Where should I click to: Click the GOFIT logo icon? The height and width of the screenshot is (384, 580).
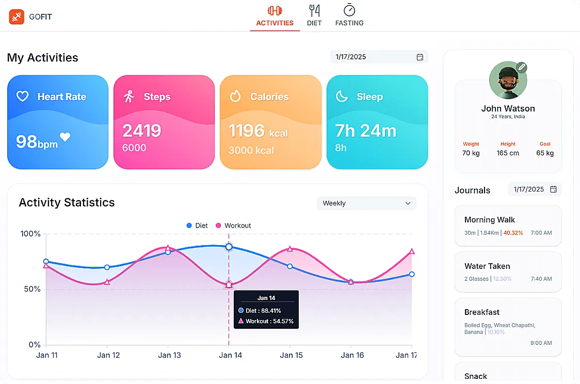pyautogui.click(x=17, y=17)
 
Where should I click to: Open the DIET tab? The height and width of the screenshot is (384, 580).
pyautogui.click(x=314, y=15)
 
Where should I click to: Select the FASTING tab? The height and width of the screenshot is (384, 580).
pyautogui.click(x=349, y=15)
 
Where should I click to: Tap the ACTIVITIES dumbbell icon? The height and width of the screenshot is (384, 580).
pyautogui.click(x=275, y=10)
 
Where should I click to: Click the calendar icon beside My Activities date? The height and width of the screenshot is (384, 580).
pyautogui.click(x=420, y=57)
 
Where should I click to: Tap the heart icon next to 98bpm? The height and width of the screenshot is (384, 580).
pyautogui.click(x=65, y=137)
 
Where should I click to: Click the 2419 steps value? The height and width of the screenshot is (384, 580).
pyautogui.click(x=142, y=131)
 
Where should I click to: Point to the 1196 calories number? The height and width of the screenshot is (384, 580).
pyautogui.click(x=247, y=131)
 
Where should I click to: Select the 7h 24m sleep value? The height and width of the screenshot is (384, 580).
pyautogui.click(x=365, y=131)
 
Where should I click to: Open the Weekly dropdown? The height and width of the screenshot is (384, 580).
pyautogui.click(x=366, y=203)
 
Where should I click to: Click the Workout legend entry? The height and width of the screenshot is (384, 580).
pyautogui.click(x=233, y=226)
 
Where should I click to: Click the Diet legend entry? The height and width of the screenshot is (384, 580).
pyautogui.click(x=197, y=226)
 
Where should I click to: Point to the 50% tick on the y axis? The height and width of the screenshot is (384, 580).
pyautogui.click(x=30, y=289)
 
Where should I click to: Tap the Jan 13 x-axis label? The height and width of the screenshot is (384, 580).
pyautogui.click(x=169, y=355)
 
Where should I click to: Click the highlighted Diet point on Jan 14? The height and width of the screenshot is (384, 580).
pyautogui.click(x=229, y=247)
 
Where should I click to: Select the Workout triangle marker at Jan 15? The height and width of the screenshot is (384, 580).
pyautogui.click(x=290, y=249)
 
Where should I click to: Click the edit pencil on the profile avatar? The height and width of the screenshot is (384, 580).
pyautogui.click(x=522, y=67)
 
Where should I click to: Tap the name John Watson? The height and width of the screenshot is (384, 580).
pyautogui.click(x=508, y=108)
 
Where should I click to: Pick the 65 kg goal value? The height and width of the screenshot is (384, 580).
pyautogui.click(x=545, y=153)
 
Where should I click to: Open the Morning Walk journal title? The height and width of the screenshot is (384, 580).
pyautogui.click(x=490, y=220)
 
